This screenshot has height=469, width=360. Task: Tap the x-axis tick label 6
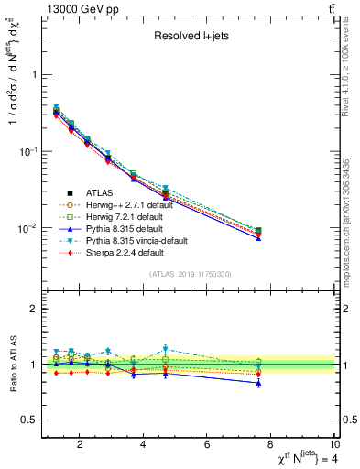pyautogui.click(x=208, y=446)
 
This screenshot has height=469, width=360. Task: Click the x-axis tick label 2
pyautogui.click(x=81, y=446)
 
